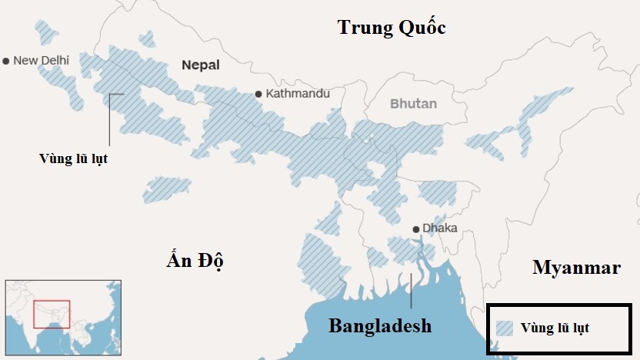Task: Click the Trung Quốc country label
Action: click(x=392, y=28)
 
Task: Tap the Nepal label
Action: click(x=201, y=65)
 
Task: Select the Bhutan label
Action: click(x=413, y=104)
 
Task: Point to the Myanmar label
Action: click(x=576, y=268)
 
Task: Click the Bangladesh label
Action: click(x=380, y=325)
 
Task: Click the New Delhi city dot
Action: click(x=6, y=61)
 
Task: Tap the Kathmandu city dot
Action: click(x=259, y=94)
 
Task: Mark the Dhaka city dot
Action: click(x=415, y=228)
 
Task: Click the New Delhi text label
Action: click(x=42, y=61)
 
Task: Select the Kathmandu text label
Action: click(x=298, y=94)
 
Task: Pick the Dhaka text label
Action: click(x=440, y=228)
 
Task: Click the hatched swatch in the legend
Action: click(x=505, y=328)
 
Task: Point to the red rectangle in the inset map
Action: click(x=52, y=315)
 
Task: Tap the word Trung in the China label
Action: click(x=365, y=28)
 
